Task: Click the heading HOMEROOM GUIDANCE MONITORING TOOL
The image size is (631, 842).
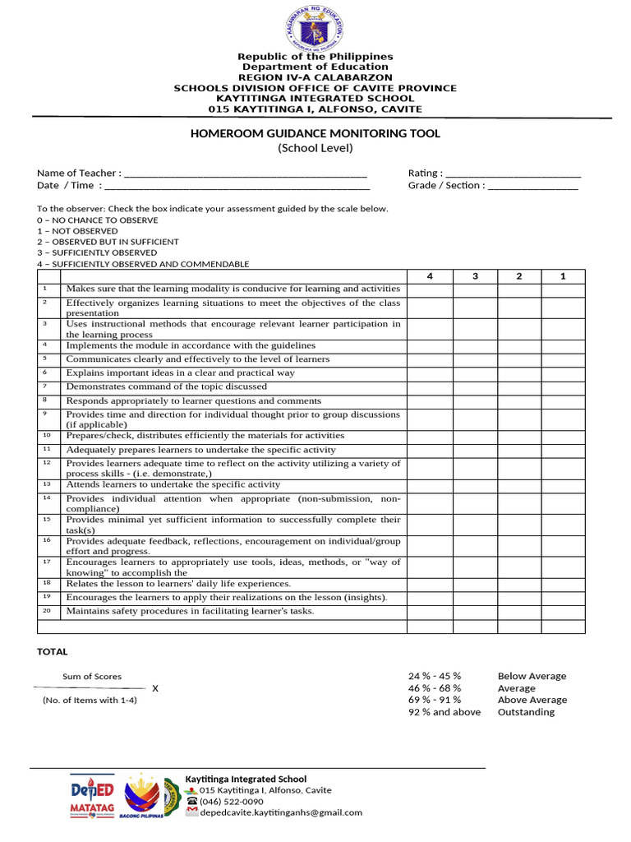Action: tap(315, 133)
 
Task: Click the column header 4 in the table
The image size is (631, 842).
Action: tap(430, 276)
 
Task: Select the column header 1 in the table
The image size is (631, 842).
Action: tap(563, 276)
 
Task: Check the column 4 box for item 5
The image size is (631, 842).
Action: tap(430, 359)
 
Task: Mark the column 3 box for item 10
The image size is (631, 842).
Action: tap(475, 436)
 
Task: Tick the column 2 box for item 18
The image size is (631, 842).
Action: tap(519, 583)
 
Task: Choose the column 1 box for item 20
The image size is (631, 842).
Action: tap(563, 612)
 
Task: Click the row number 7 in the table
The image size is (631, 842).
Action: tap(46, 386)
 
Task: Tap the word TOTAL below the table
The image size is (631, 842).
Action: tap(53, 652)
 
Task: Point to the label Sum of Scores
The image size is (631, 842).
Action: tap(92, 677)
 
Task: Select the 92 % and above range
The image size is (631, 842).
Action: tap(444, 712)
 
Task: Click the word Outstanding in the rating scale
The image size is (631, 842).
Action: tap(526, 712)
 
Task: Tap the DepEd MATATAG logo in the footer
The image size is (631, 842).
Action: tap(93, 798)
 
